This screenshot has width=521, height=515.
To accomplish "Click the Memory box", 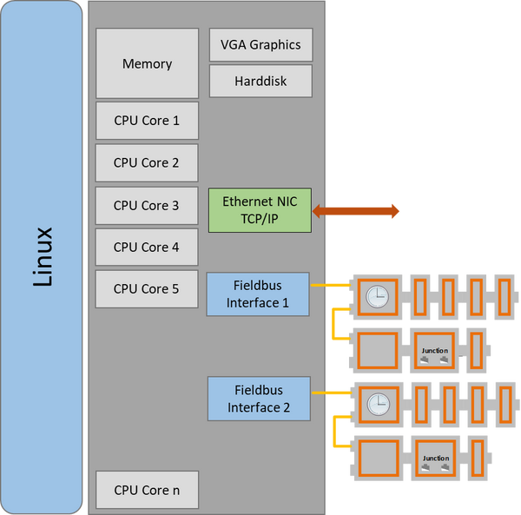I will coord(147,63).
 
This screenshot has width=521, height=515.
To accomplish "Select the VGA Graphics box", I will coord(260,45).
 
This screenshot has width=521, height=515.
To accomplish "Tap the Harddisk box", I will coord(260,82).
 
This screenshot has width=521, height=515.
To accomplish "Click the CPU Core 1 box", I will coord(147,121).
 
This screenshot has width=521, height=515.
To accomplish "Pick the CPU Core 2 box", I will coord(147,162).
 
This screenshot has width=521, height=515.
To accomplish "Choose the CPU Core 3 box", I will coord(147,206).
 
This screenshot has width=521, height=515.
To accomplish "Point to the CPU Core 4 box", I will coord(147,248).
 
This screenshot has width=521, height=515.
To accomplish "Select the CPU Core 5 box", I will coord(147,289).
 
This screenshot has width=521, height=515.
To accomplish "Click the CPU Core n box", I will coord(147,491).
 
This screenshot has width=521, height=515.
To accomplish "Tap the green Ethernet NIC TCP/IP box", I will coord(260,209).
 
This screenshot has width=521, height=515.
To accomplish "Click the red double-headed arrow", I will coord(356,210).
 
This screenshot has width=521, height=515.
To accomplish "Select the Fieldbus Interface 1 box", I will coord(257,294).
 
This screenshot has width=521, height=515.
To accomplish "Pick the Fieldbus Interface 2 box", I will coord(257,399).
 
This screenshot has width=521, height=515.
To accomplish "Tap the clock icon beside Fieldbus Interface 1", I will coord(376,297).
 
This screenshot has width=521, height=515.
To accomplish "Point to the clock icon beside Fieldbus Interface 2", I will coord(376,404).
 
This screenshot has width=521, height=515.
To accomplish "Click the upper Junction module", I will coord(434,348).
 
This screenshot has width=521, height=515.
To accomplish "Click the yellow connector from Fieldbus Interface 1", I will coord(329,285).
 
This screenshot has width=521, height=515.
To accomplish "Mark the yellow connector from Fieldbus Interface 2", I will coord(329,393).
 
